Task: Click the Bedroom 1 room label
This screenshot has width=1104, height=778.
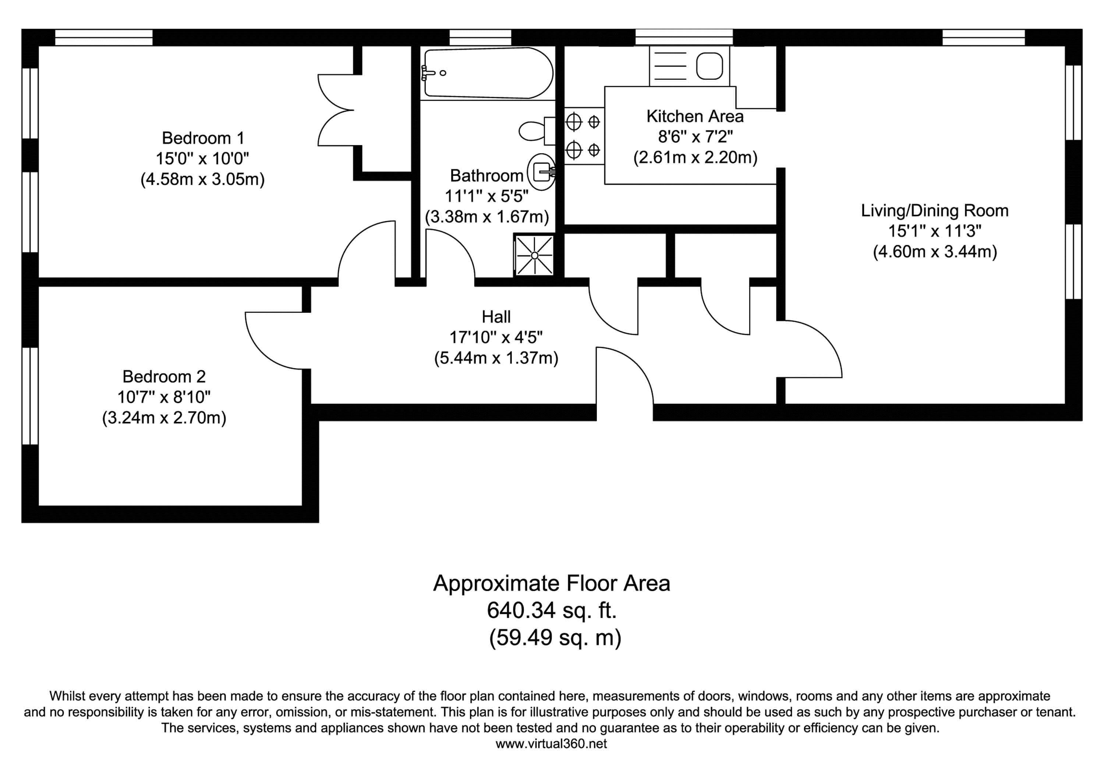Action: [x=203, y=138]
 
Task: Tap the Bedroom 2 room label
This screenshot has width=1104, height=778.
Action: [x=164, y=376]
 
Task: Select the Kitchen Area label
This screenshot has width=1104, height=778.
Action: [x=695, y=116]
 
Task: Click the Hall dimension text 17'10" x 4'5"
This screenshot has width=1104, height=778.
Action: [x=496, y=337]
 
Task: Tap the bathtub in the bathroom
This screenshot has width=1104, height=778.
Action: [x=488, y=73]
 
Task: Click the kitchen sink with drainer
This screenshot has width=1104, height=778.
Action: [x=689, y=66]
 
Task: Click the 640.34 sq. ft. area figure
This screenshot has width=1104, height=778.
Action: [x=552, y=610]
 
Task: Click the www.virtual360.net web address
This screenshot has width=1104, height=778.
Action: [x=551, y=744]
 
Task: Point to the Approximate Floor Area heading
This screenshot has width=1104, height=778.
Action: [x=552, y=583]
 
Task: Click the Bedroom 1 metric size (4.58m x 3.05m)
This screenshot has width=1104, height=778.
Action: [x=202, y=179]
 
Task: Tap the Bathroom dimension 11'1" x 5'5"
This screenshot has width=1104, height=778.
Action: [x=486, y=196]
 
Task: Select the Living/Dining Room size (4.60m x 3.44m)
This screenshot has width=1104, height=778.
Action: [x=935, y=251]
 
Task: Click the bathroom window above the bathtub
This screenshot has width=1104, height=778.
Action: [x=480, y=37]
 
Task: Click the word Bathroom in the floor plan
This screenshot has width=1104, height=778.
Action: [x=486, y=176]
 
